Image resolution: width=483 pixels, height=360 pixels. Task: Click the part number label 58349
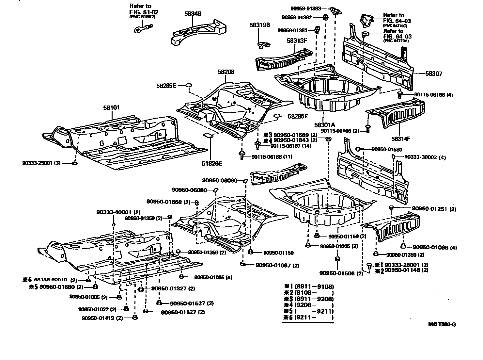(x=193, y=14)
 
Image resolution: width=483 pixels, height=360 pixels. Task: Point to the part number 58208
(x=226, y=72)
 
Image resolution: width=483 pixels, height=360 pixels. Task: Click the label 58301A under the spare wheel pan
(x=325, y=124)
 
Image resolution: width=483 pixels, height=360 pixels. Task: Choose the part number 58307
(x=434, y=74)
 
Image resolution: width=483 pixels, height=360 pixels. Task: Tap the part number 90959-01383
(x=306, y=8)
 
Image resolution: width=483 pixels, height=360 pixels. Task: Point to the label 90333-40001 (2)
(x=114, y=212)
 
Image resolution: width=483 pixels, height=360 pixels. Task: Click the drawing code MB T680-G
(x=442, y=324)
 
